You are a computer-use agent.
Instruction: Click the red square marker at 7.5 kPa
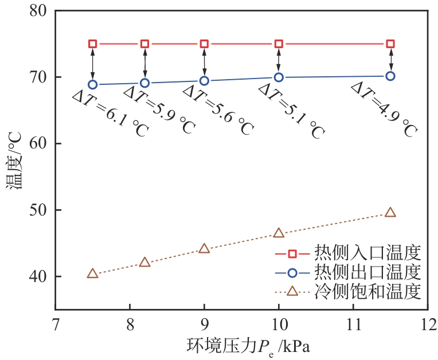(93, 44)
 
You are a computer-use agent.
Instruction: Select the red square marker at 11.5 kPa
(390, 44)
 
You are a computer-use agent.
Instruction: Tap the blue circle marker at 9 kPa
(204, 81)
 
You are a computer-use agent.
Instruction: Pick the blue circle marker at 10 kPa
(279, 77)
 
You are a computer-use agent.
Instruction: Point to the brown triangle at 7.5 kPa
(93, 273)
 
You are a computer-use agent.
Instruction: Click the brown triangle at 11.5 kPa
(390, 212)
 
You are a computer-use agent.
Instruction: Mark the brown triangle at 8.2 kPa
(144, 262)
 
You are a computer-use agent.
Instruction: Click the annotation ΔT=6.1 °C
(111, 111)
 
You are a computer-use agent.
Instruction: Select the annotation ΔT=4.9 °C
(383, 110)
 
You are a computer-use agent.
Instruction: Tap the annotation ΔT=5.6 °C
(218, 110)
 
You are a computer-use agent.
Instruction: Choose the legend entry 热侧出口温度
(367, 272)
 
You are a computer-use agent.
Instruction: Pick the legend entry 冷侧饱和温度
(367, 291)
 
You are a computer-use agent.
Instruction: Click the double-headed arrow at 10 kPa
(279, 59)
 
